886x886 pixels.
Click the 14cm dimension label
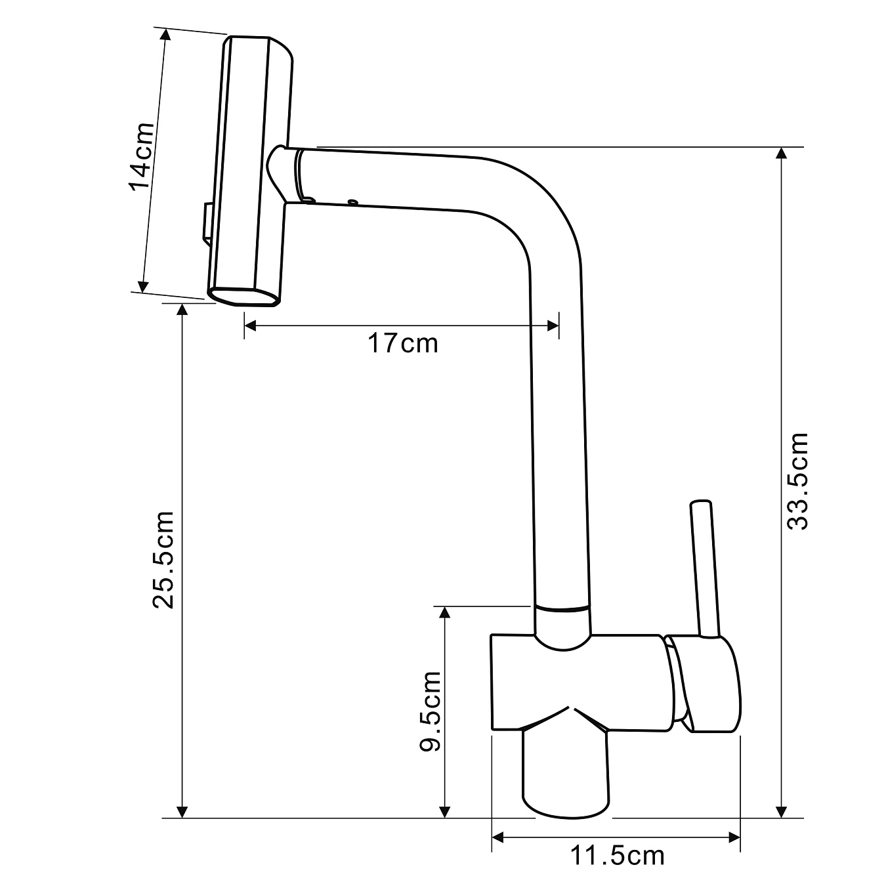click(142, 156)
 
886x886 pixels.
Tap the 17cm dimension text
click(402, 343)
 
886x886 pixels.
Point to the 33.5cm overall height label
click(798, 481)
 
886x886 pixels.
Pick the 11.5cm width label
click(617, 856)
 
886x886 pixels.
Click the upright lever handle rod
click(706, 568)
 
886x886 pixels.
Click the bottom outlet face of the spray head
click(245, 297)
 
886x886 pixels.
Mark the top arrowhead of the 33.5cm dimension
click(780, 154)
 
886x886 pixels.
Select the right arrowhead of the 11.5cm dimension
click(734, 837)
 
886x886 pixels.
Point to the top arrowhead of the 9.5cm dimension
click(445, 613)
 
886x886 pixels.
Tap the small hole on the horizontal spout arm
click(353, 202)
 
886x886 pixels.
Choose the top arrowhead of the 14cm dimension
click(165, 36)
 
